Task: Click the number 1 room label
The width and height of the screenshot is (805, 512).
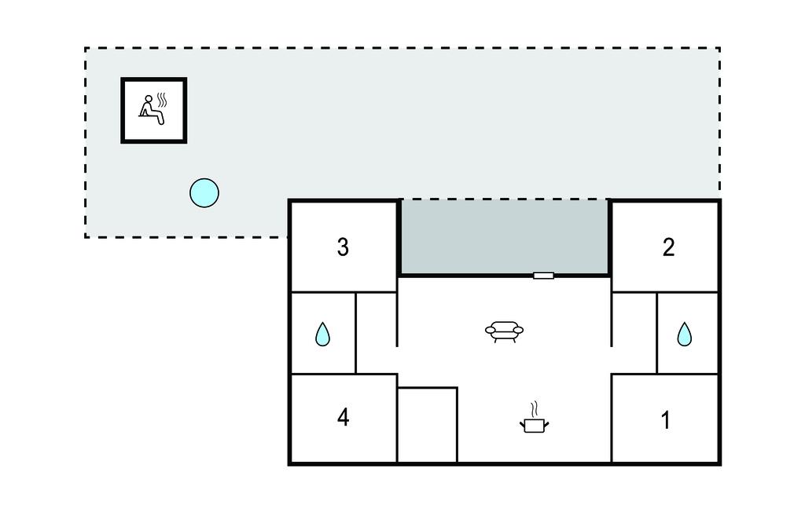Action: pyautogui.click(x=665, y=420)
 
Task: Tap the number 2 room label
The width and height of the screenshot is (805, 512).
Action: pyautogui.click(x=668, y=247)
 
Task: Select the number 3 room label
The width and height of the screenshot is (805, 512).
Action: pyautogui.click(x=343, y=247)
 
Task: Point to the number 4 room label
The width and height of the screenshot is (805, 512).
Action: pyautogui.click(x=343, y=417)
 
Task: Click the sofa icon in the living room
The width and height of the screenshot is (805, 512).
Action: pyautogui.click(x=504, y=331)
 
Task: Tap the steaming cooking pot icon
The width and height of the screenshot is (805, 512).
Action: pyautogui.click(x=534, y=418)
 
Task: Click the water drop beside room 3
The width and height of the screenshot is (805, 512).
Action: pyautogui.click(x=322, y=334)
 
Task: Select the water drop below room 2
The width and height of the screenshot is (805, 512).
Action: pyautogui.click(x=685, y=334)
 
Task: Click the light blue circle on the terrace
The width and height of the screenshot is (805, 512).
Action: pyautogui.click(x=204, y=193)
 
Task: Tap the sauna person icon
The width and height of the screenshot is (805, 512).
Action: pyautogui.click(x=152, y=110)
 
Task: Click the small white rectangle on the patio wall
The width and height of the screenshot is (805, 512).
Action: pyautogui.click(x=543, y=276)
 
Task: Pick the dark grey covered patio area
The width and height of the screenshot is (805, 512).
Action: pyautogui.click(x=504, y=237)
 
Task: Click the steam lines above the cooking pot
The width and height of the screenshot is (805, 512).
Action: pyautogui.click(x=534, y=409)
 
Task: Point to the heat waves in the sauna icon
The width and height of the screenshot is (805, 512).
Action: pyautogui.click(x=162, y=100)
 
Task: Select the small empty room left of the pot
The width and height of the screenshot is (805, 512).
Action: pyautogui.click(x=427, y=425)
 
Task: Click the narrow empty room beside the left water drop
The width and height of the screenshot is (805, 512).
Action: pyautogui.click(x=377, y=332)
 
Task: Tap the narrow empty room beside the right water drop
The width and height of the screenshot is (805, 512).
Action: pyautogui.click(x=634, y=332)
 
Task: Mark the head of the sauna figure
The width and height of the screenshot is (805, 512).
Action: pyautogui.click(x=149, y=98)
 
